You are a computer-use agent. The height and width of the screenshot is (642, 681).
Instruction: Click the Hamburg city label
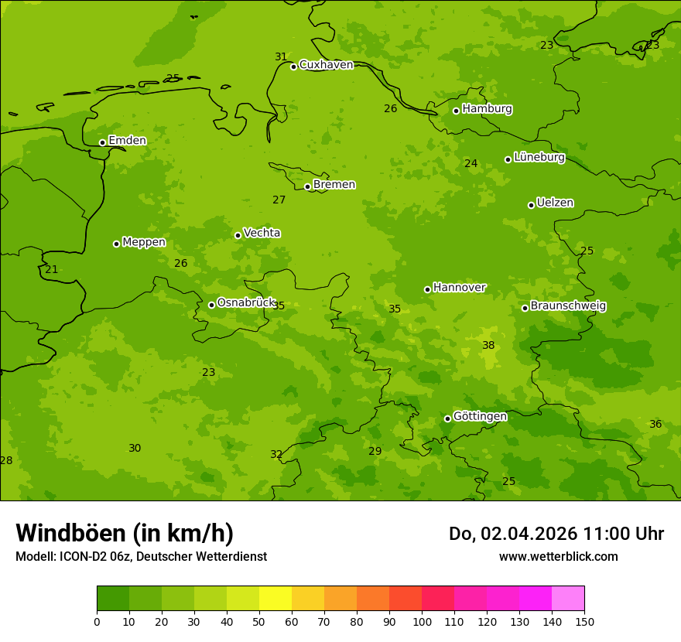(x=487, y=109)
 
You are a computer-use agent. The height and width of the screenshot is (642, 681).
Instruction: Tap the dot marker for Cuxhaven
(x=293, y=67)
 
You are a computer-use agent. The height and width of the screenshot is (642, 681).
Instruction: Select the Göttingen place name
(x=480, y=417)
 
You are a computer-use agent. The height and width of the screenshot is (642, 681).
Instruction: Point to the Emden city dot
(x=102, y=142)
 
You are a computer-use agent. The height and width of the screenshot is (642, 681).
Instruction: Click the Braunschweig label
(x=568, y=306)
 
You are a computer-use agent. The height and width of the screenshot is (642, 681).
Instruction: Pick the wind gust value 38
(x=488, y=346)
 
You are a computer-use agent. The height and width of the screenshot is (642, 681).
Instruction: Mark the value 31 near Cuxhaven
(x=281, y=57)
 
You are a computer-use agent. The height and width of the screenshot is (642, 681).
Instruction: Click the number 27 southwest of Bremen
(x=279, y=200)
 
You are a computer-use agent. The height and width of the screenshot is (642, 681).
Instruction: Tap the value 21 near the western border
(x=51, y=270)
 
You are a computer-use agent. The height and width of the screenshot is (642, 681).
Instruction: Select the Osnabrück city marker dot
(x=211, y=305)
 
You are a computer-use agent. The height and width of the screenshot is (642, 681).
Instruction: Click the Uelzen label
(x=555, y=203)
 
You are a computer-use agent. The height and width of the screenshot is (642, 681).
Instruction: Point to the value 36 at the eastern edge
(x=655, y=425)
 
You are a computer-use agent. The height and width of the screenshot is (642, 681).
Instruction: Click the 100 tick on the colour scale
(x=422, y=621)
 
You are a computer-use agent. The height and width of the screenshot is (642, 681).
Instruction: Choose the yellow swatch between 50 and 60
(x=275, y=599)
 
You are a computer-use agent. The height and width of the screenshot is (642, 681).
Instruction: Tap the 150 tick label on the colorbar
(x=584, y=621)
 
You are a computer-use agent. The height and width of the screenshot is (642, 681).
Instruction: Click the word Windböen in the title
(x=70, y=533)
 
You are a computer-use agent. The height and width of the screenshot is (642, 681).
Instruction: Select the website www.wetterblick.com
(x=558, y=556)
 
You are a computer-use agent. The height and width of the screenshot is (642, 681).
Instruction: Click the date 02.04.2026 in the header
(x=526, y=534)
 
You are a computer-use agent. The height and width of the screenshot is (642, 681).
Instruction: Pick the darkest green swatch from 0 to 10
(x=113, y=599)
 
